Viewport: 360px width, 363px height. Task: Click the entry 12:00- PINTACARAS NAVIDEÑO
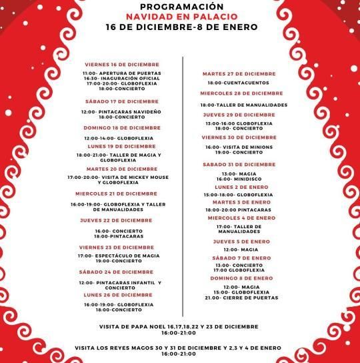[121, 111]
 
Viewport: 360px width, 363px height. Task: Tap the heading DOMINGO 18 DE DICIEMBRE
[122, 127]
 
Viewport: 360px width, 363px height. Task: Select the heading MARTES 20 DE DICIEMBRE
[122, 169]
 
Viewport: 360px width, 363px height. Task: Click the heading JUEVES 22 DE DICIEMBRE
[116, 220]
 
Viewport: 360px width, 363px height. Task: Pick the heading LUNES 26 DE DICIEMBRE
[118, 294]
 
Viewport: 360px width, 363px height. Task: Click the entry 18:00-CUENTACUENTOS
[238, 83]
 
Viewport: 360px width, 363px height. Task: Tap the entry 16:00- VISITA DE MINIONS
[239, 147]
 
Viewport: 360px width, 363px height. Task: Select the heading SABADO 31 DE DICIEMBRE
[239, 164]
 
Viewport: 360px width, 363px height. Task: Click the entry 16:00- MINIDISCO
[238, 179]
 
